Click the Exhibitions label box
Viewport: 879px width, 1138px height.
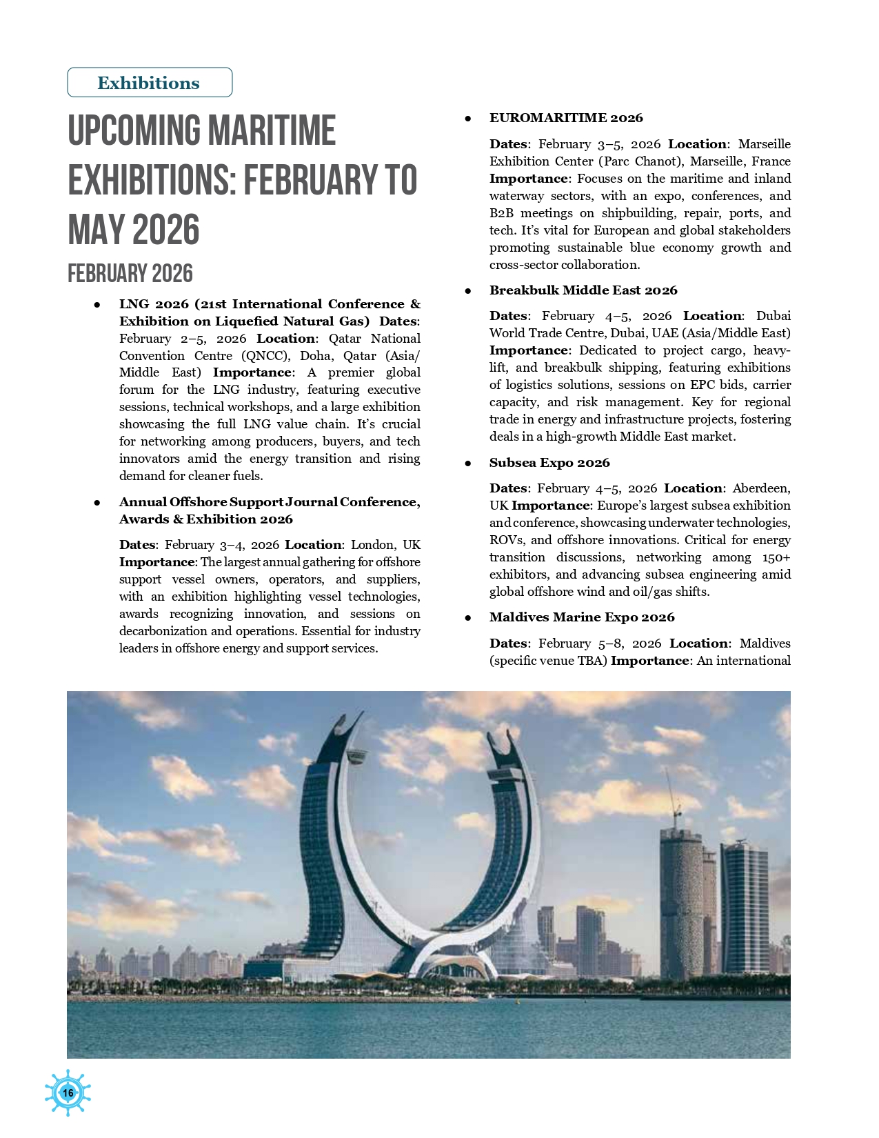(150, 83)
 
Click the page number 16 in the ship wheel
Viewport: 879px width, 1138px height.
(68, 1092)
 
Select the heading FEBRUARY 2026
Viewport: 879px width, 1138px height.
(130, 274)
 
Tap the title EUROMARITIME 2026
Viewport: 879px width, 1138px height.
(566, 118)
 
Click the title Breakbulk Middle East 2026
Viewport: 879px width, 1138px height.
(583, 290)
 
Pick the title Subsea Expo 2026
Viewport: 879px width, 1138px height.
(549, 463)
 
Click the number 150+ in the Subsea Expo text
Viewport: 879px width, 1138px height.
(776, 557)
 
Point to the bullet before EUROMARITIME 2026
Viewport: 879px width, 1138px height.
(467, 119)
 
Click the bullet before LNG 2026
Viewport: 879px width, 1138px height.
(98, 305)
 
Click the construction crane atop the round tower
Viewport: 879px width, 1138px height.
(671, 800)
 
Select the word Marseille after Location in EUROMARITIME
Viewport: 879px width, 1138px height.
(764, 144)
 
